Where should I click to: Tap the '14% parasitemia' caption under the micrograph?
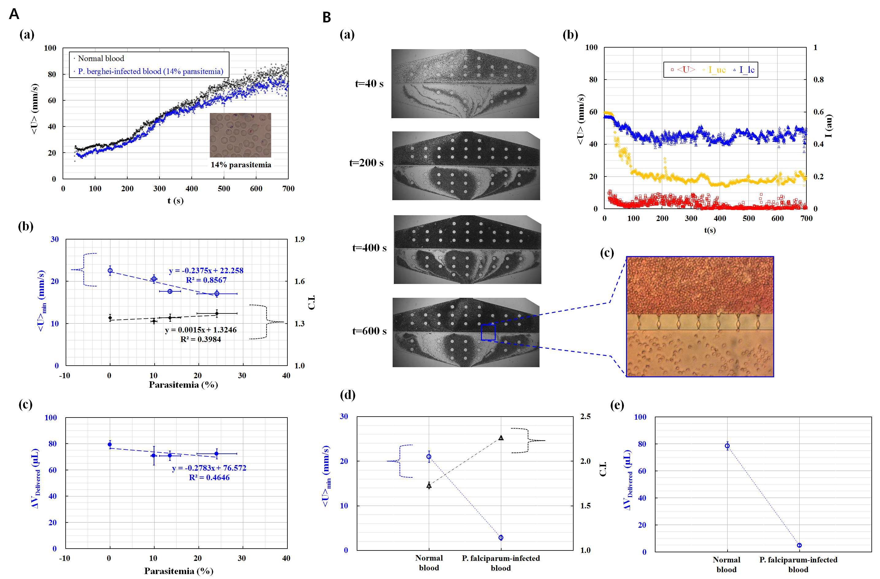click(x=241, y=165)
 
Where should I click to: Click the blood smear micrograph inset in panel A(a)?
click(x=240, y=135)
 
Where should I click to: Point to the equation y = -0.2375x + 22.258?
click(x=206, y=270)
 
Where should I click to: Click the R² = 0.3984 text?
click(x=200, y=339)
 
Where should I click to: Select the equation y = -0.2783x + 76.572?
click(x=209, y=468)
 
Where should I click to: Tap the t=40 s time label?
click(x=369, y=84)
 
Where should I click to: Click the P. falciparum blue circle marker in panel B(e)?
click(x=799, y=545)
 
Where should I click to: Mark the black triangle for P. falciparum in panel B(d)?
click(x=501, y=438)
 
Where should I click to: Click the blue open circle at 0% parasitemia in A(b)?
click(x=110, y=270)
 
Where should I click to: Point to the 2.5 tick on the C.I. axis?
click(x=585, y=416)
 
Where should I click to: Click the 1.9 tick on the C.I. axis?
click(x=299, y=239)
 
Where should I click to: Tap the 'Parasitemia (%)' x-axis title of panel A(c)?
click(x=179, y=571)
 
